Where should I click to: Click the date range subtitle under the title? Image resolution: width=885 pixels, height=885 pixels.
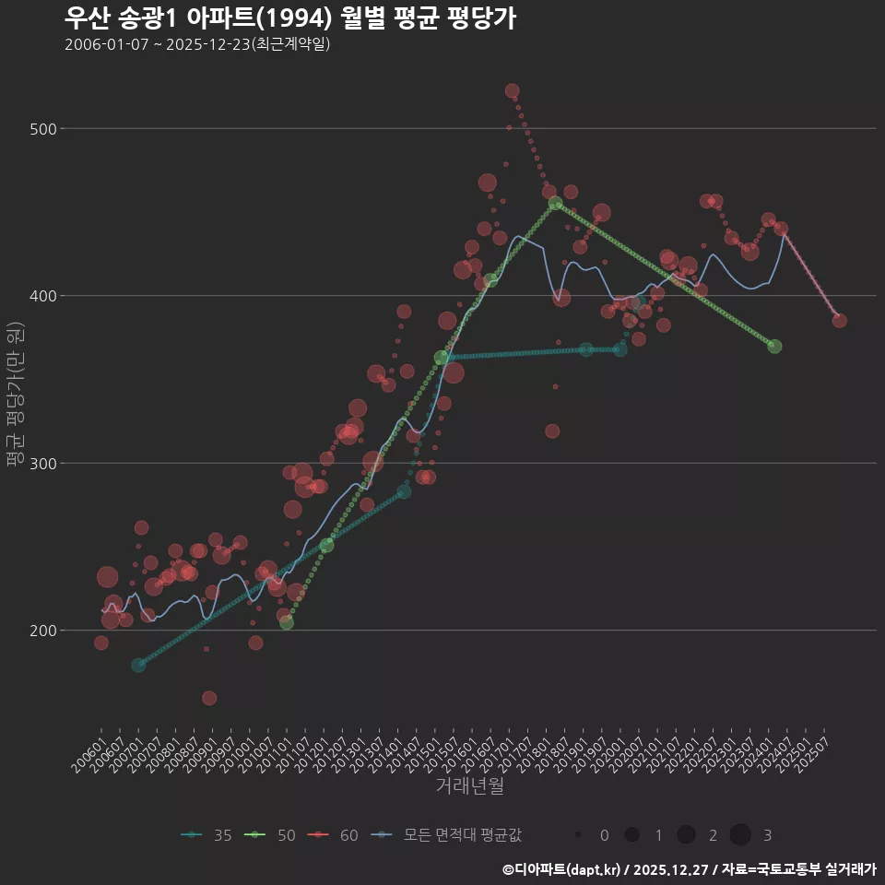coord(197,44)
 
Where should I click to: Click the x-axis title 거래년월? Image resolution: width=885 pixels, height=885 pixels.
coord(469,786)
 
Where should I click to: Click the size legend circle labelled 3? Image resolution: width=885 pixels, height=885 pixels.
coord(740,835)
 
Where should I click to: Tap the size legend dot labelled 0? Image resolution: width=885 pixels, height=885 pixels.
coord(577,835)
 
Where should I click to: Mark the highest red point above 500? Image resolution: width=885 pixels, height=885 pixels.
coord(512,91)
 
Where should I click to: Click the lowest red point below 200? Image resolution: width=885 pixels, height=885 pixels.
coord(209,698)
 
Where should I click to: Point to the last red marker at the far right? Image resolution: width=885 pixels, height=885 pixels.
coord(839,321)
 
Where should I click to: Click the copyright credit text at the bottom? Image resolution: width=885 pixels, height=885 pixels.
coord(689,868)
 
